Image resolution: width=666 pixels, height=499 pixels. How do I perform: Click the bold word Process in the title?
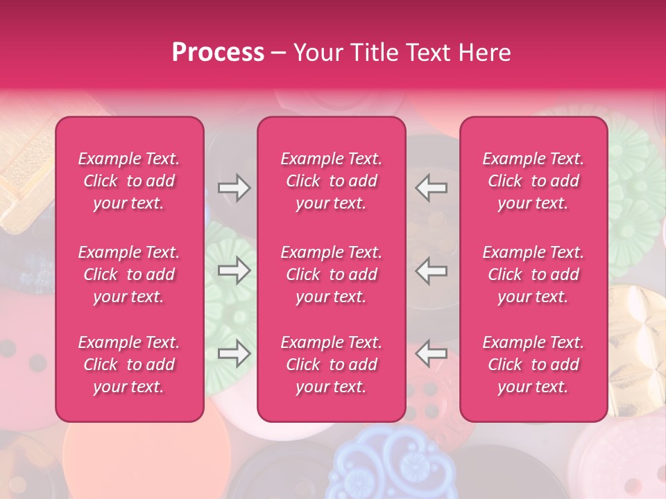[x=218, y=53]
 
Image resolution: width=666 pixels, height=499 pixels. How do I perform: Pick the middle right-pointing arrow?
[x=234, y=271]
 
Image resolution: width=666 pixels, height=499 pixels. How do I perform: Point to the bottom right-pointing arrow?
[x=234, y=354]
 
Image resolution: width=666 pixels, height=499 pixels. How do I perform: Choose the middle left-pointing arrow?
[x=432, y=271]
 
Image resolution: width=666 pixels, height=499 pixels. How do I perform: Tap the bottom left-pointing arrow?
[x=432, y=354]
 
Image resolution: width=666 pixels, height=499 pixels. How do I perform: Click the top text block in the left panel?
[x=129, y=181]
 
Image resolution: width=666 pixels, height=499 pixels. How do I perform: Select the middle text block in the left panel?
[x=129, y=274]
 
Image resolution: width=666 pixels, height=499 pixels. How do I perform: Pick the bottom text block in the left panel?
[x=129, y=365]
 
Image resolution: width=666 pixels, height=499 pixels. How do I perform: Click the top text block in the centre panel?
[x=332, y=181]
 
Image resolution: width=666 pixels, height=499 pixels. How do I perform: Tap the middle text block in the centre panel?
[x=332, y=274]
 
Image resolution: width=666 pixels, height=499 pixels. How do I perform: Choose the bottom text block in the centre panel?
[x=332, y=365]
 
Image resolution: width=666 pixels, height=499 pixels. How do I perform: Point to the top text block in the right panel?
[x=533, y=181]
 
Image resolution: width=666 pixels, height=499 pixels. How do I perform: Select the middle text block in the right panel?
[x=533, y=274]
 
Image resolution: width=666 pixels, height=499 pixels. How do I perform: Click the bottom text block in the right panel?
[x=533, y=365]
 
